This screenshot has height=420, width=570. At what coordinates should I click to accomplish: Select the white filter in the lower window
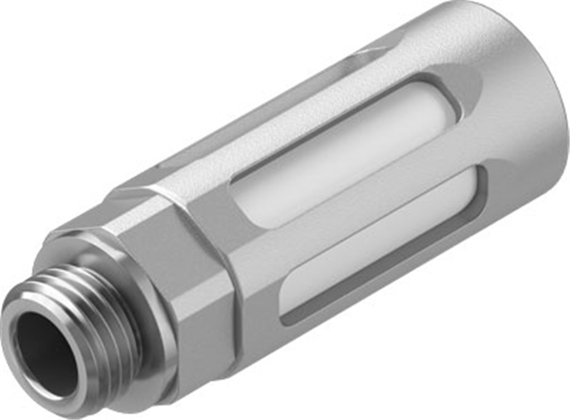(x=384, y=239)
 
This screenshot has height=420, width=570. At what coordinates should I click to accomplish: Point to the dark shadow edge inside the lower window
(x=379, y=273)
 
